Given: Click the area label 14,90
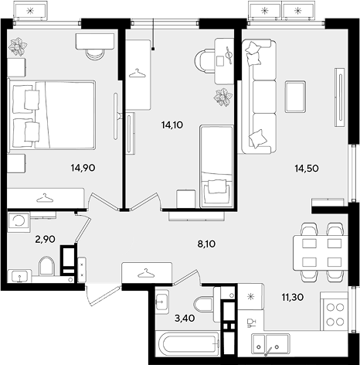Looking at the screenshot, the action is (83, 168).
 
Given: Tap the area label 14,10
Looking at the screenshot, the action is (172, 125).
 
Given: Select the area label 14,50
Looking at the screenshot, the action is (307, 169).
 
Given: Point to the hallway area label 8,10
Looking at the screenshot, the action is (206, 244).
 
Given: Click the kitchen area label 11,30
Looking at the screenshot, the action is (293, 298).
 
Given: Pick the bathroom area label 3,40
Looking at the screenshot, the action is (185, 319).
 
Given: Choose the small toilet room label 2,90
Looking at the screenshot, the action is (46, 240).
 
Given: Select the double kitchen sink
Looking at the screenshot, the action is (270, 342).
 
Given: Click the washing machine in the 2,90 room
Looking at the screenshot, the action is (19, 220).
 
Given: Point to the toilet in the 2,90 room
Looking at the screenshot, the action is (46, 266).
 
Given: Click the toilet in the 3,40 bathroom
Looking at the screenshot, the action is (204, 305).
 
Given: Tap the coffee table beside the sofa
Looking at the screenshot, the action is (296, 97).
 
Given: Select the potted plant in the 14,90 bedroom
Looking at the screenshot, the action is (18, 47).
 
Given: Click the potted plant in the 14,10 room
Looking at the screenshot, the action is (223, 97).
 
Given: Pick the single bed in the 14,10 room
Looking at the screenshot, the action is (216, 166).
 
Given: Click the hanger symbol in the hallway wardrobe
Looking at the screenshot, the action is (146, 273).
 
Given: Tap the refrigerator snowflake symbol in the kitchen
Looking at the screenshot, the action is (250, 297).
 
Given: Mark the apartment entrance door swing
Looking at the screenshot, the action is (103, 295).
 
